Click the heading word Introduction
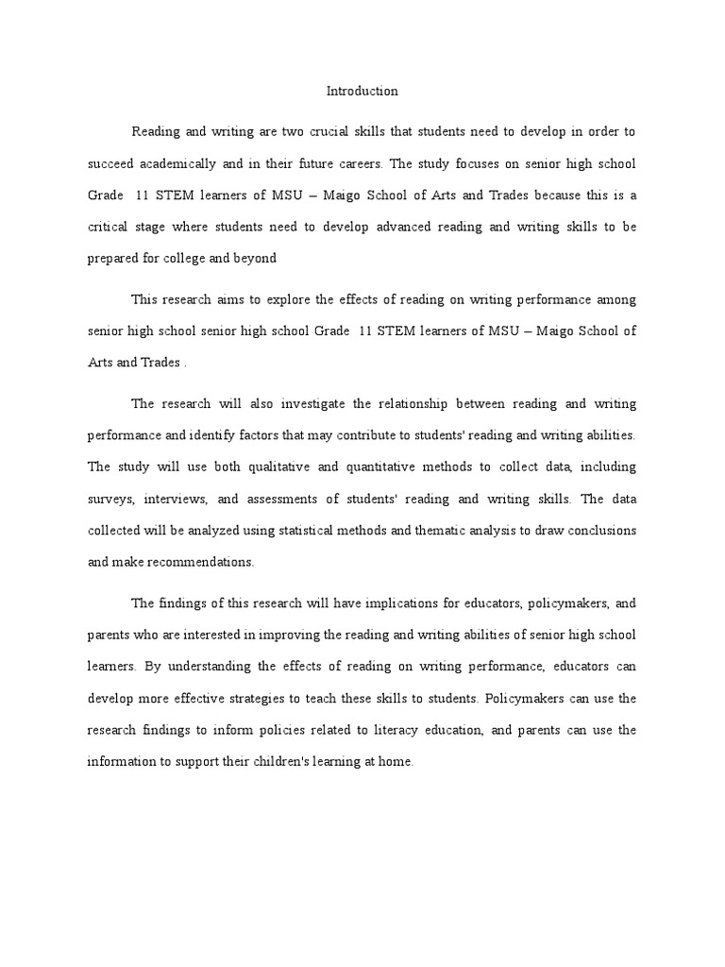[362, 92]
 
